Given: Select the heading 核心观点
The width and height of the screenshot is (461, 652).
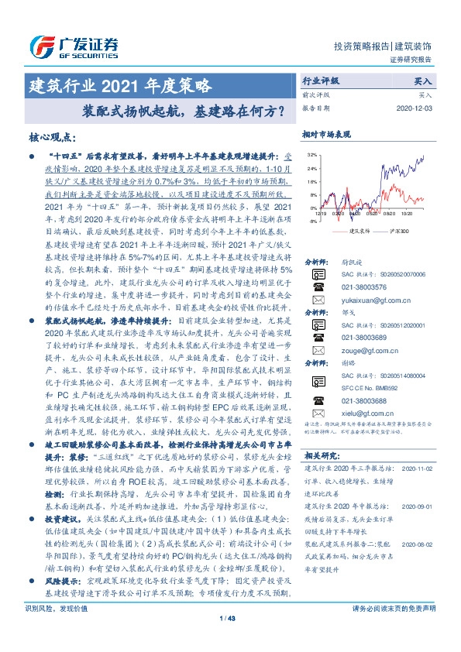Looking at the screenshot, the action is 52,137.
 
